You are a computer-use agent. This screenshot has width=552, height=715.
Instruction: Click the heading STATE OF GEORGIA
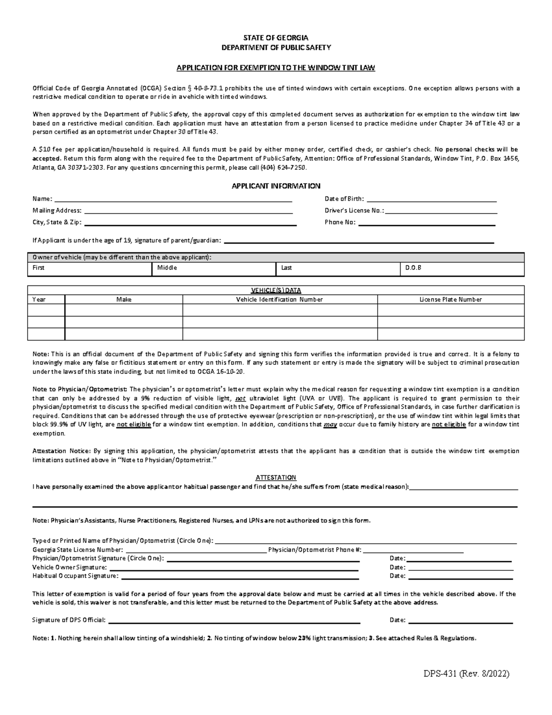click(276, 38)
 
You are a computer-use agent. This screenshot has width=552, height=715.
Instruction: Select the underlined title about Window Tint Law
click(276, 68)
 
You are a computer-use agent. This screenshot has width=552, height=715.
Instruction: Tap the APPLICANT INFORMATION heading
click(276, 186)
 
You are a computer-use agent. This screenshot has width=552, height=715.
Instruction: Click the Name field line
click(173, 200)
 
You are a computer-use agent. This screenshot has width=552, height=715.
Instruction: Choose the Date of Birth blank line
click(431, 200)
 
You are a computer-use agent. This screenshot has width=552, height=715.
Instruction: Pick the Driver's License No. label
click(354, 210)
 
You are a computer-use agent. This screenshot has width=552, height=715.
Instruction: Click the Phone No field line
click(426, 224)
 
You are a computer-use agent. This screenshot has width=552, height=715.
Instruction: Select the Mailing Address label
click(57, 210)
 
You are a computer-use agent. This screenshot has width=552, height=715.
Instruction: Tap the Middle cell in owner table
click(213, 268)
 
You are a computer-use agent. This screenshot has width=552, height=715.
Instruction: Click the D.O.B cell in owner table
click(462, 268)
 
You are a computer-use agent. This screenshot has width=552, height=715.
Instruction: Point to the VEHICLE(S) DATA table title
click(276, 291)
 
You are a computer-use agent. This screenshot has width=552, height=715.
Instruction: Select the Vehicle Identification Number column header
click(279, 299)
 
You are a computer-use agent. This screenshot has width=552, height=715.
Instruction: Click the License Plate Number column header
click(450, 299)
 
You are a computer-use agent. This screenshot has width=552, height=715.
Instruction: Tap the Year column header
click(39, 299)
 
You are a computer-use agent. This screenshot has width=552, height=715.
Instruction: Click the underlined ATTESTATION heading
click(276, 477)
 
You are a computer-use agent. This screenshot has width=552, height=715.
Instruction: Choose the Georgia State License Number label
click(78, 550)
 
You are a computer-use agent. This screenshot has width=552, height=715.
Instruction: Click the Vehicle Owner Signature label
click(69, 567)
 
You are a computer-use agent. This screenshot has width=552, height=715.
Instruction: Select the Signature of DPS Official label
click(69, 620)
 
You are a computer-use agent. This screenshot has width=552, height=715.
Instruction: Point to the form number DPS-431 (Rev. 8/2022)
click(466, 674)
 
